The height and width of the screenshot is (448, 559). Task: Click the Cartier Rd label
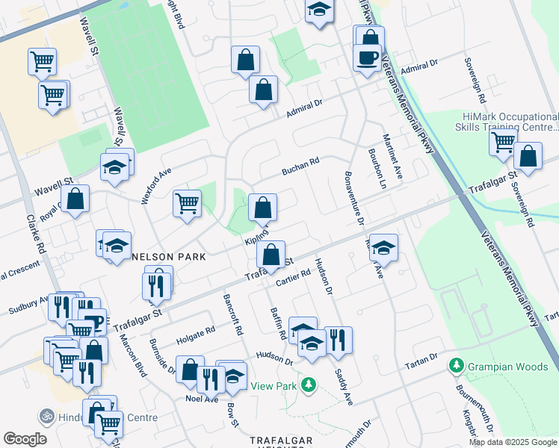click(292, 276)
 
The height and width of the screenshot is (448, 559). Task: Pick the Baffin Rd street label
click(277, 325)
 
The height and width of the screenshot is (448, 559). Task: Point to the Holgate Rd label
click(195, 334)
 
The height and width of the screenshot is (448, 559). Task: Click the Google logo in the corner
click(25, 439)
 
